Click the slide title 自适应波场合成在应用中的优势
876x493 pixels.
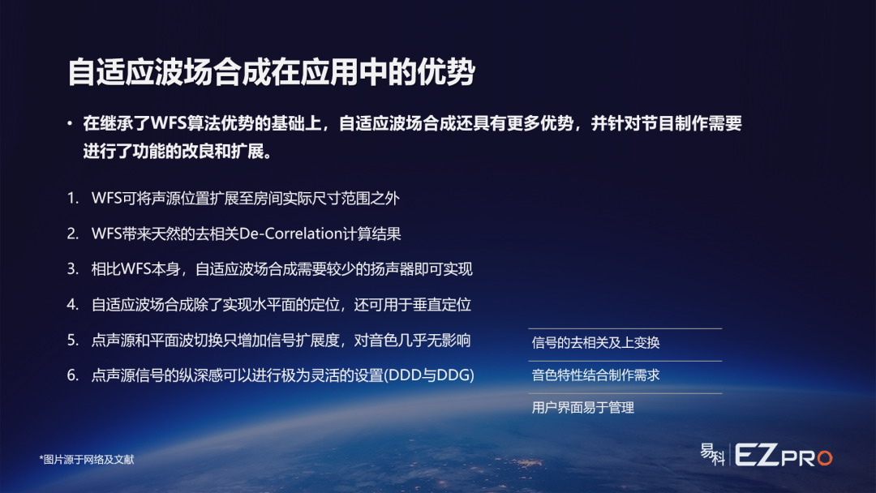(x=271, y=72)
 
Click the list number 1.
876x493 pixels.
(x=73, y=198)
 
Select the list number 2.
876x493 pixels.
(x=73, y=234)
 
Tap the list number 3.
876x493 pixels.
(x=73, y=269)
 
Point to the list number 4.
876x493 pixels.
(x=73, y=304)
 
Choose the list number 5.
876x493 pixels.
(x=73, y=340)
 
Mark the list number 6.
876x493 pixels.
(x=73, y=375)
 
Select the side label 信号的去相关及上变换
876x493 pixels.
(x=595, y=342)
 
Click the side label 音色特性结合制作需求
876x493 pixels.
(x=595, y=375)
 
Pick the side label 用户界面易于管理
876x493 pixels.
(x=582, y=408)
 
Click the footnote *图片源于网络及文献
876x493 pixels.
(x=87, y=460)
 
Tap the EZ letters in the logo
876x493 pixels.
(x=757, y=455)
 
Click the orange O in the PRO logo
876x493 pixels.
(x=825, y=458)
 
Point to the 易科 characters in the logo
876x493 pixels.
(x=713, y=454)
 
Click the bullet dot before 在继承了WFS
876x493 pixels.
(x=70, y=122)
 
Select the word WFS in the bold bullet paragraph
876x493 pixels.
(x=170, y=122)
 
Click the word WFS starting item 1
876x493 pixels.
(x=107, y=198)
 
